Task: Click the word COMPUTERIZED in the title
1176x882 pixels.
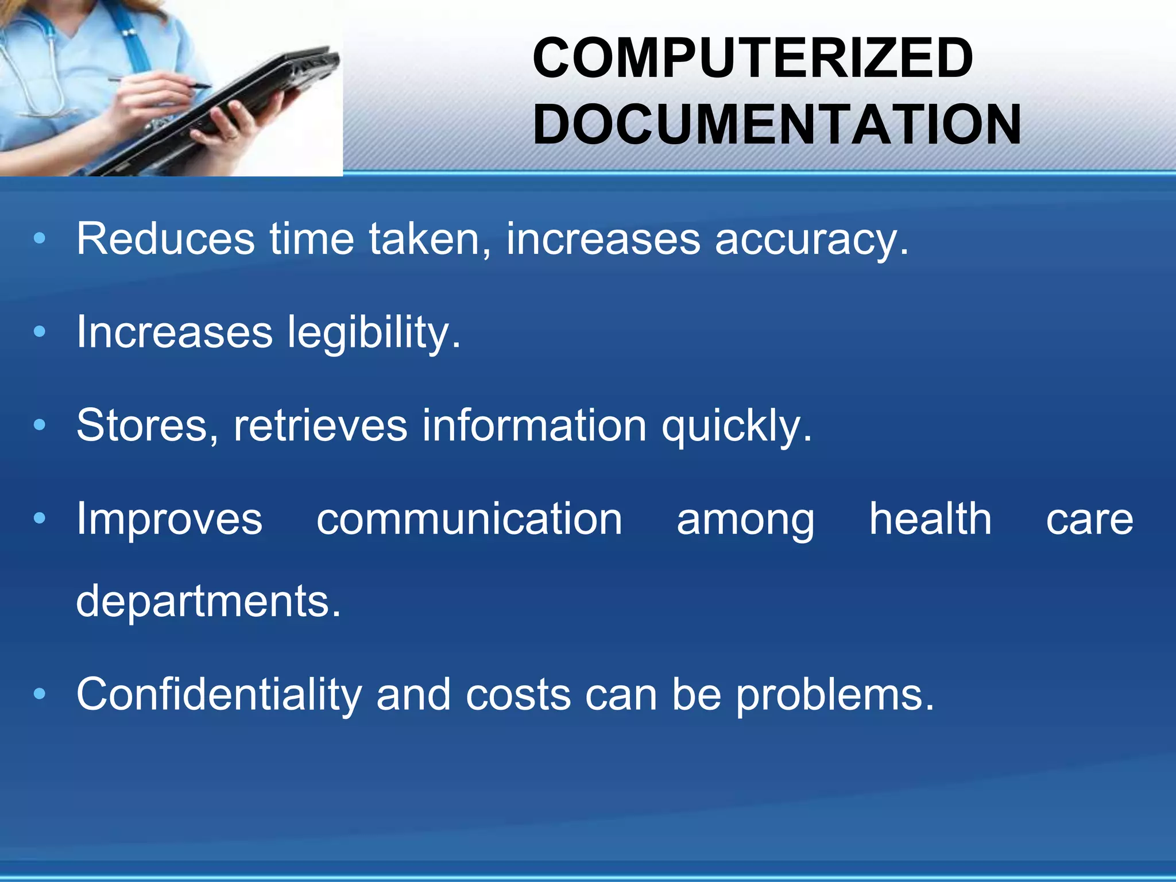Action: [752, 58]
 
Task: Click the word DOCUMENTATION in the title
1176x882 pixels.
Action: [777, 125]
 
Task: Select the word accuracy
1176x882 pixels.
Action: [811, 240]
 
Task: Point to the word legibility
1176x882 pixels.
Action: [373, 333]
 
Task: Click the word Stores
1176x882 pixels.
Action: [146, 426]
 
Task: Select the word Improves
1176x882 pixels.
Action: [169, 520]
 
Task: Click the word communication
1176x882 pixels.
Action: [469, 519]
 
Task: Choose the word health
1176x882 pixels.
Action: [930, 519]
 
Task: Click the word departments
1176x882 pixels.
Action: [208, 602]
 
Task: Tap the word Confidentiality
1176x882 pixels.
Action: [219, 695]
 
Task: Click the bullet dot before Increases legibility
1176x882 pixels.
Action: [39, 332]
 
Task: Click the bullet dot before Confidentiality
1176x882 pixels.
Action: [39, 694]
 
